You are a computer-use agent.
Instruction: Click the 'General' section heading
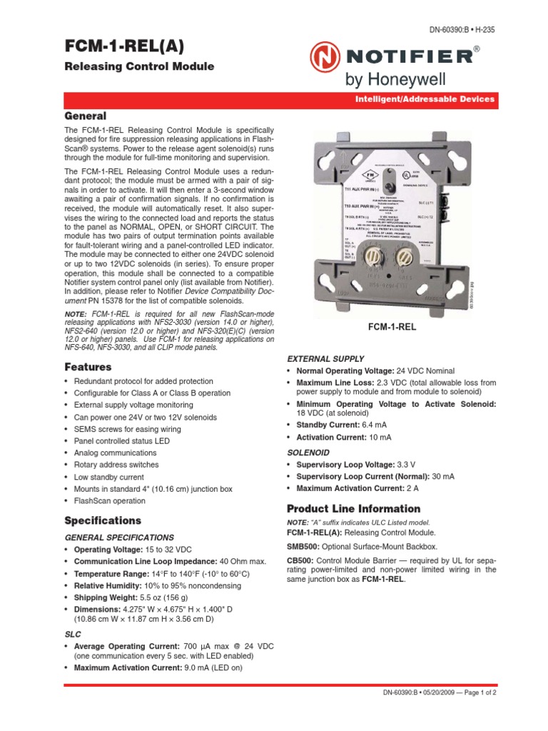85,116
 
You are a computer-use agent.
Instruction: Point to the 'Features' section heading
88,367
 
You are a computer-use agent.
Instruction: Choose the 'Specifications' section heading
103,520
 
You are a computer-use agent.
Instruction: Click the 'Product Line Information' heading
353,508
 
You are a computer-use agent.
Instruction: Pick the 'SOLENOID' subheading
308,453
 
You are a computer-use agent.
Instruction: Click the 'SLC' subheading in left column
73,633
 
